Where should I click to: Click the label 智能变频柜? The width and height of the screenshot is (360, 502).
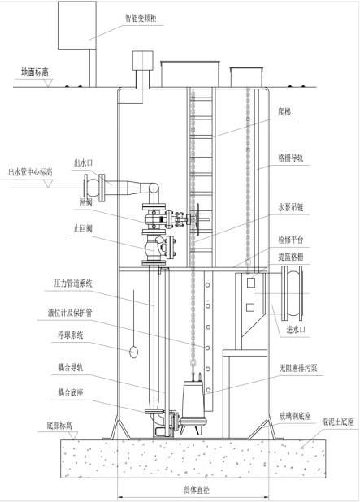(141, 18)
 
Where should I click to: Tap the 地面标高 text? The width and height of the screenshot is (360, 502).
(35, 72)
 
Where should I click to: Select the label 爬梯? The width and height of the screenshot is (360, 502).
(284, 112)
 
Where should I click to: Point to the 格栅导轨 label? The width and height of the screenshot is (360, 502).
(290, 158)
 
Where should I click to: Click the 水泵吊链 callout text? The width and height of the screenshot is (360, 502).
(290, 207)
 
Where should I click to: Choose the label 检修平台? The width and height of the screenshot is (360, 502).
(290, 240)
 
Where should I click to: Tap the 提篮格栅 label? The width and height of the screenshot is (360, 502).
(290, 257)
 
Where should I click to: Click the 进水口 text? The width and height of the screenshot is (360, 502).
(296, 330)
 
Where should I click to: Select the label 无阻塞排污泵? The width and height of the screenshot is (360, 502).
(298, 368)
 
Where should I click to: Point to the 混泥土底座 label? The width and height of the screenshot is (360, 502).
(338, 422)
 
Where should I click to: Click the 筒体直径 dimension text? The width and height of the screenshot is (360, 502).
(197, 490)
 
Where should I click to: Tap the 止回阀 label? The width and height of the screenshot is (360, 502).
(83, 228)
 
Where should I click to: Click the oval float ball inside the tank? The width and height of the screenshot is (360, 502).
(133, 353)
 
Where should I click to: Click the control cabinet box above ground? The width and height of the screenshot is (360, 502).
(77, 25)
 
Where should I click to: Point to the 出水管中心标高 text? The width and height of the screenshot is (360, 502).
(30, 172)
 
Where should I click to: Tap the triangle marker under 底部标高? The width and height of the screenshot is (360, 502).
(74, 435)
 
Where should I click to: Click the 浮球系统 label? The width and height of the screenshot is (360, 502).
(70, 335)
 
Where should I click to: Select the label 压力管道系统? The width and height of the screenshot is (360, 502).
(73, 283)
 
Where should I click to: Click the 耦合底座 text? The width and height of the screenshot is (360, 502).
(71, 392)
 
